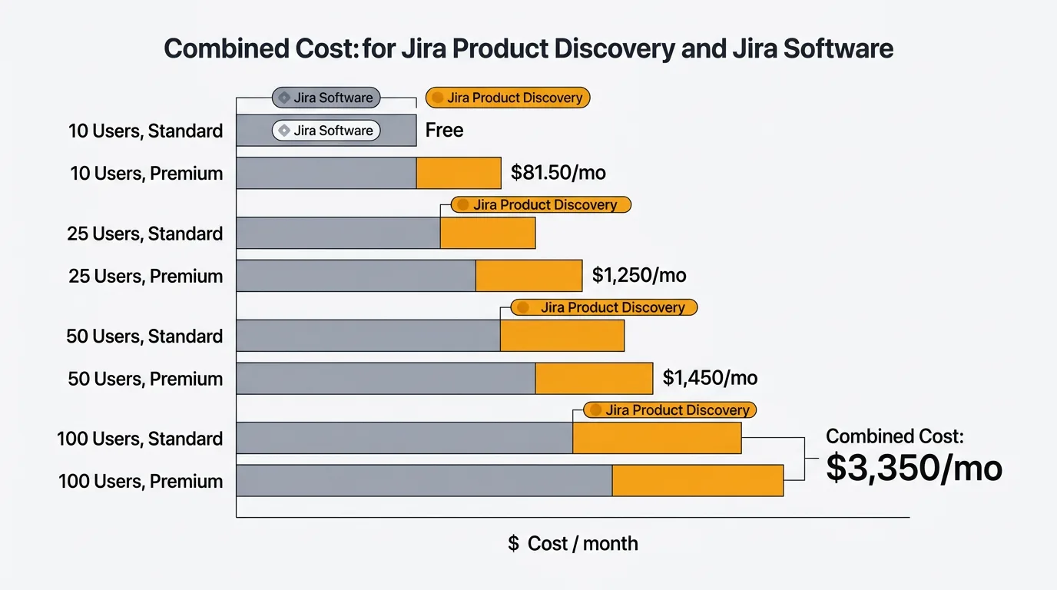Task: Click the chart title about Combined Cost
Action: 528,49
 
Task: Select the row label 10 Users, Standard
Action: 145,131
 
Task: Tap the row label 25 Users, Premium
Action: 145,276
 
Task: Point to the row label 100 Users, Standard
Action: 140,439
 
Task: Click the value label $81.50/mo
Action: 558,173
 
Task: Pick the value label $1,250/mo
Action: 639,275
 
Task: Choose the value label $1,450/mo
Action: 710,378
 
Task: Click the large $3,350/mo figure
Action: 914,469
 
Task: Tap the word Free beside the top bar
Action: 444,131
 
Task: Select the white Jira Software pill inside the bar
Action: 326,131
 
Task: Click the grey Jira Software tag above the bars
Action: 326,98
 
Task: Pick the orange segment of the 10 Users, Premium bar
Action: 458,173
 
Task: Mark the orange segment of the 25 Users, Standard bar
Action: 487,233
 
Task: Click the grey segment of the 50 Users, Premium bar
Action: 385,379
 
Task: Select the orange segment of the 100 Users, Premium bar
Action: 697,480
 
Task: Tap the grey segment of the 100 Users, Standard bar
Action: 404,438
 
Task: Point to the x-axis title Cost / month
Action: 573,544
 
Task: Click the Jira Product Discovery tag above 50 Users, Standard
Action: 604,307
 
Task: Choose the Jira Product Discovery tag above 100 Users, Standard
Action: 669,410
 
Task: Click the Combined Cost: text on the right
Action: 894,436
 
